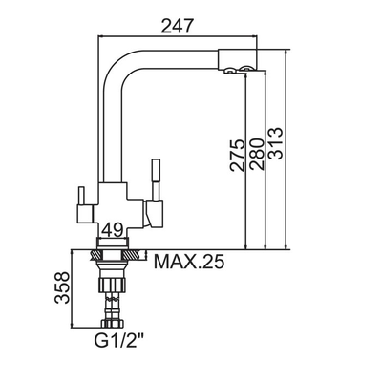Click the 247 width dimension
coord(178,26)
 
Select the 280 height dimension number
coord(257,154)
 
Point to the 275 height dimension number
coord(238,156)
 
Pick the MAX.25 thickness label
coord(189,262)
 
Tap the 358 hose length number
coord(62,287)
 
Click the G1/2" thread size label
coord(118,341)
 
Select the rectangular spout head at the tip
coord(237,59)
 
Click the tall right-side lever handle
coord(156,180)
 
